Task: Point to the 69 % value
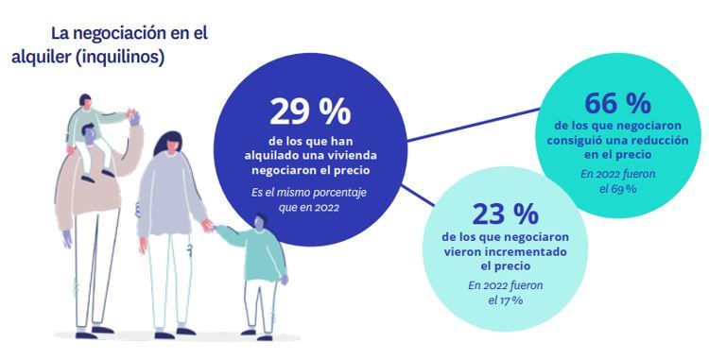coord(627,189)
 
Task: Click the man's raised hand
coord(137,117)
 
